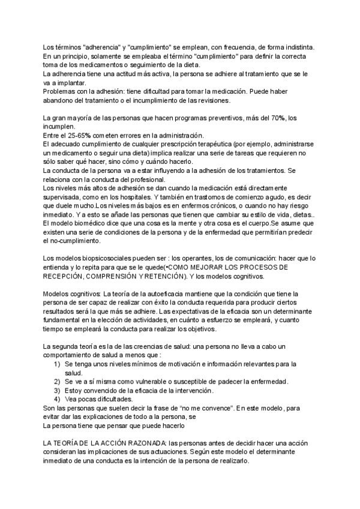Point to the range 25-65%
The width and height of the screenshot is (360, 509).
click(x=82, y=136)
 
